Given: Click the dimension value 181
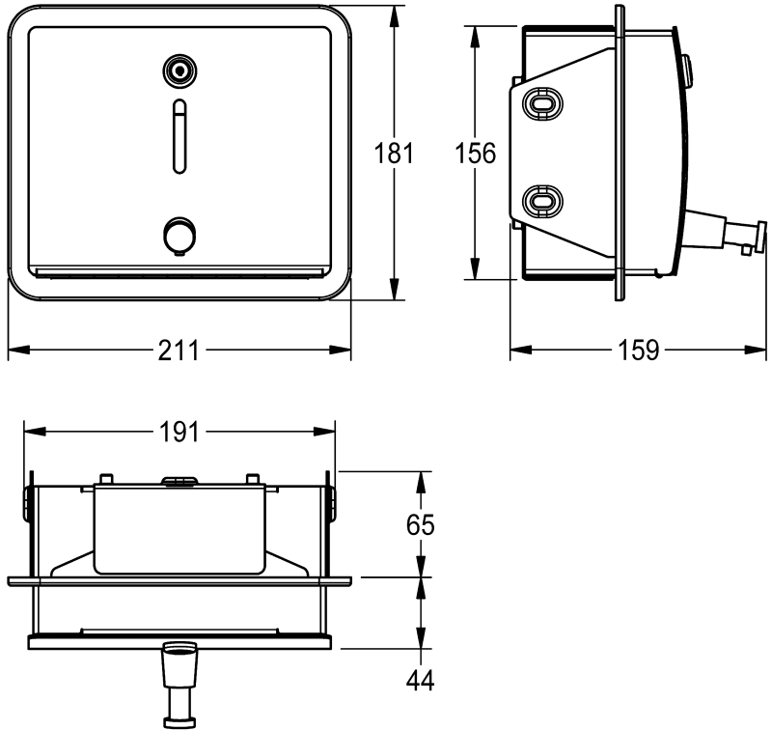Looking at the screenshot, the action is coord(394,153).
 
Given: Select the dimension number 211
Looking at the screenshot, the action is coord(179,351).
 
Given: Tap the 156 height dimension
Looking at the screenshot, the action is coord(475,153).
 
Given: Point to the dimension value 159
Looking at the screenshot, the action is coord(638,351).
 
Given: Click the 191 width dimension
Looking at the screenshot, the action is coord(179,433).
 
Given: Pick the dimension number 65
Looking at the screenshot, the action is coord(421,524).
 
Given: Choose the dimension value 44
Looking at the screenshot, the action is coord(421,681).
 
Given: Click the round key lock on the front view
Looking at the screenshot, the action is coord(179,71).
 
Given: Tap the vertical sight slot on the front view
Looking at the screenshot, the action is coord(179,136).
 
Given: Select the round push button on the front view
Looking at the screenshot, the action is coord(179,236).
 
